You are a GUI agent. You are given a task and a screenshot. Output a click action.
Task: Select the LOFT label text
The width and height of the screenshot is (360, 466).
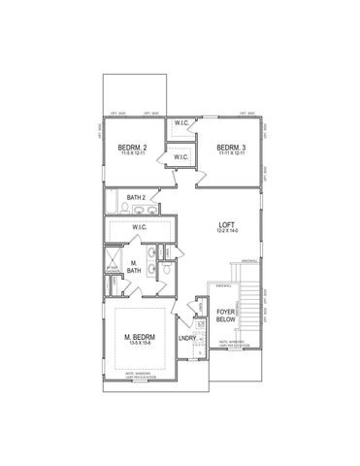pyautogui.click(x=226, y=224)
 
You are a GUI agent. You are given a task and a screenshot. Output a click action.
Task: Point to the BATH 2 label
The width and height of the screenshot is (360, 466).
pyautogui.click(x=137, y=197)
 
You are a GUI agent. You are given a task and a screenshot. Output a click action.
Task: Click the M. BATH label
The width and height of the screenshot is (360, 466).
pyautogui.click(x=134, y=265)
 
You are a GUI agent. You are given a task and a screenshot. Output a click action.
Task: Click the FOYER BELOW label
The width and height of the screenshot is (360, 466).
pyautogui.click(x=226, y=315)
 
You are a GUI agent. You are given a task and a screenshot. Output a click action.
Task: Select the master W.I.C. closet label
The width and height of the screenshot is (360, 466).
pyautogui.click(x=140, y=227)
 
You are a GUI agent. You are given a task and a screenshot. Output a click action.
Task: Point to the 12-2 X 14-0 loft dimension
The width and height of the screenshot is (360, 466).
pyautogui.click(x=226, y=232)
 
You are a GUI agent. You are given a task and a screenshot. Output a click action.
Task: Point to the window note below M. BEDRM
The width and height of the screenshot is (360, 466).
pyautogui.click(x=141, y=376)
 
